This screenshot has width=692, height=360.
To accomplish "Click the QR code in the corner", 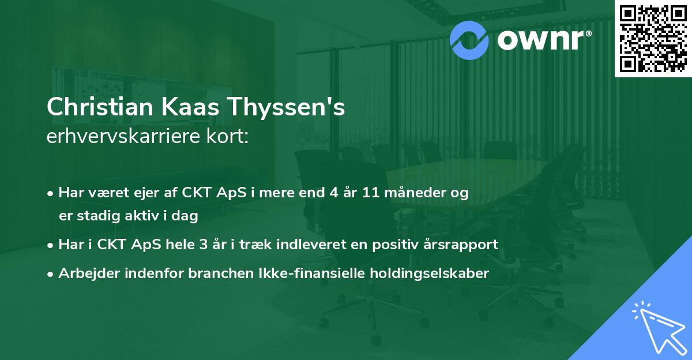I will [x=653, y=38].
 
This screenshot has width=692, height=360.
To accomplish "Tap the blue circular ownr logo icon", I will [x=468, y=39].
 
